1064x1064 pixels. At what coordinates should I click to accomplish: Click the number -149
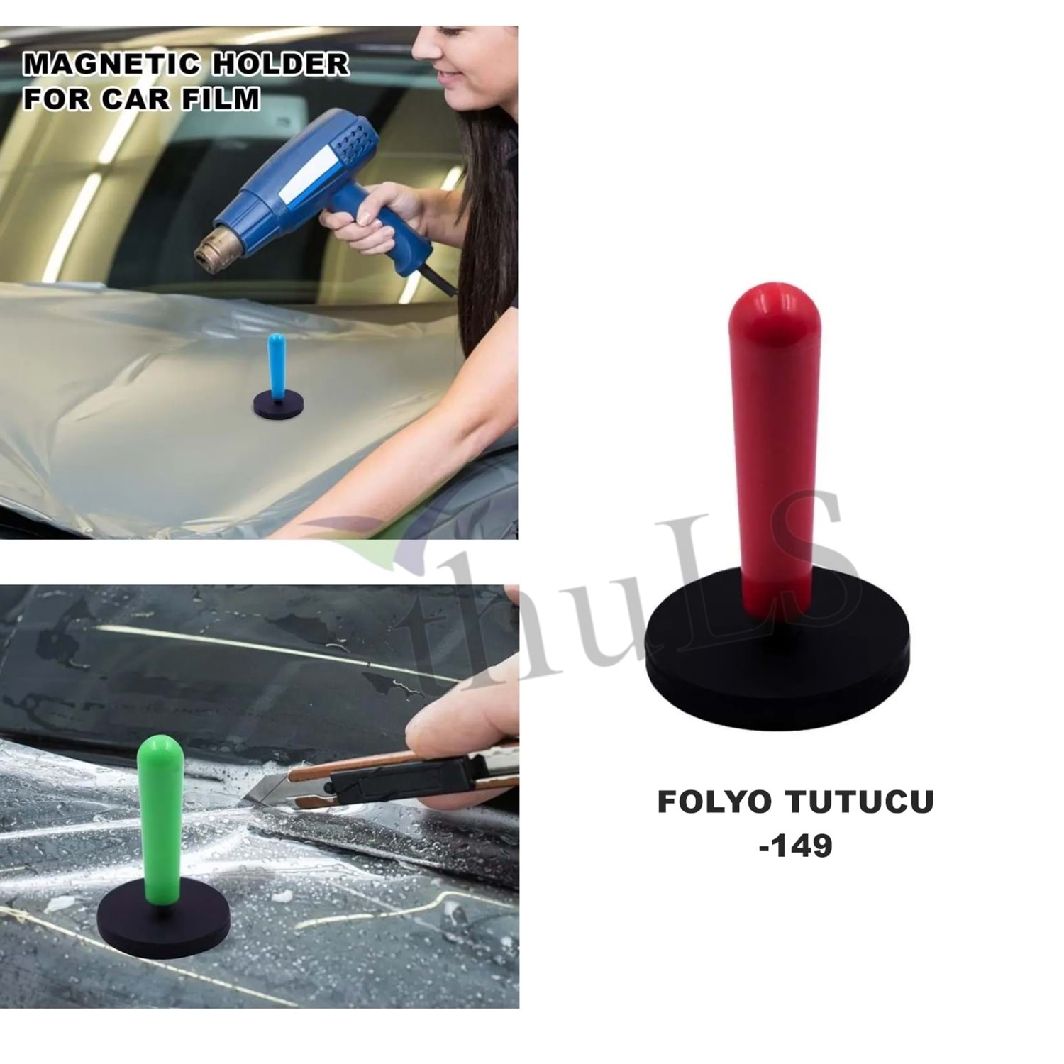pyautogui.click(x=795, y=846)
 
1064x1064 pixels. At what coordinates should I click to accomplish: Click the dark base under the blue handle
pyautogui.click(x=278, y=406)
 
